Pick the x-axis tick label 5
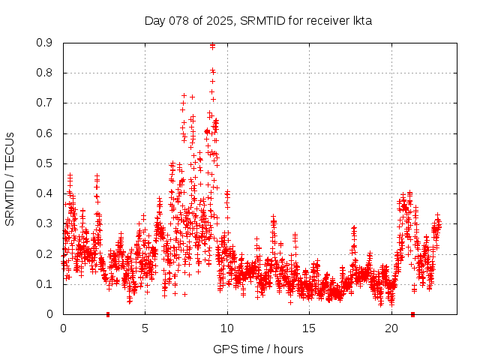point(145,328)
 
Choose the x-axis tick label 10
point(227,328)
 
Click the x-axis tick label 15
point(309,328)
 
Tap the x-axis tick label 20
point(391,328)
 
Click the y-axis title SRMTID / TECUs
point(10,178)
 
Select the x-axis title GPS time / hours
point(258,349)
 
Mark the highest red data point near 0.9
point(213,46)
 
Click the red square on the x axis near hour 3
point(108,313)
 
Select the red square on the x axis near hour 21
point(413,313)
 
